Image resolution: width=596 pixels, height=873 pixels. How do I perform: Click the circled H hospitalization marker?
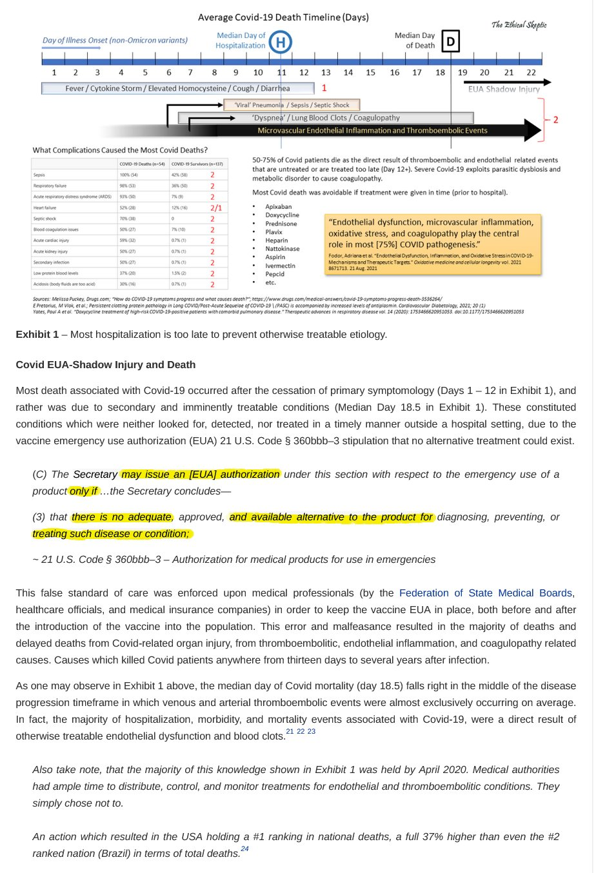pos(281,43)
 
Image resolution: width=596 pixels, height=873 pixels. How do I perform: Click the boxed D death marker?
pos(450,43)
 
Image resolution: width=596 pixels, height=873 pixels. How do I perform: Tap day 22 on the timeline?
pos(531,73)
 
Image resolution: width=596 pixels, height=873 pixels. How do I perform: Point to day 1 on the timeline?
pos(54,73)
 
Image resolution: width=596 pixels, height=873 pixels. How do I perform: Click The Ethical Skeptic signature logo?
pos(519,25)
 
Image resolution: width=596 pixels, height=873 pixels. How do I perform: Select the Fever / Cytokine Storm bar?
pos(177,88)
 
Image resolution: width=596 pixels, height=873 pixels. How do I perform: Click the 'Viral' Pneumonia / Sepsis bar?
pos(292,104)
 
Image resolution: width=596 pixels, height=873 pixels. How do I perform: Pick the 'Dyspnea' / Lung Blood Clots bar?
pos(326,118)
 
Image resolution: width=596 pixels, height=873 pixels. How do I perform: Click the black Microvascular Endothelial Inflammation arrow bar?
pos(372,130)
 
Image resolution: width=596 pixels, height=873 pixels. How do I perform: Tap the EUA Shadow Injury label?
pos(504,90)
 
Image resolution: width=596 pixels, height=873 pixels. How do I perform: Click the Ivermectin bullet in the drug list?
pos(280,266)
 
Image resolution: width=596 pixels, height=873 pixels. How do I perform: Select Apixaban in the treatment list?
pos(278,207)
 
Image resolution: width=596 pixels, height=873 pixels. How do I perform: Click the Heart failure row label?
pos(45,208)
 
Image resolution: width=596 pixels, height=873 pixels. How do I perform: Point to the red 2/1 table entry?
pos(215,208)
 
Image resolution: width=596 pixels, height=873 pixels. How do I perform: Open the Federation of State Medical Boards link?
pos(485,593)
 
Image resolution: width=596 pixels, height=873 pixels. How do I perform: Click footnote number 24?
pos(244,849)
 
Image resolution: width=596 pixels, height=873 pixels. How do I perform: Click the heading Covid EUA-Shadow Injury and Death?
pos(106,365)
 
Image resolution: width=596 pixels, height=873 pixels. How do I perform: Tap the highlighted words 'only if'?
pos(84,491)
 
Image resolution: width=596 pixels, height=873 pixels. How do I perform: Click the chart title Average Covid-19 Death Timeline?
pos(283,17)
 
